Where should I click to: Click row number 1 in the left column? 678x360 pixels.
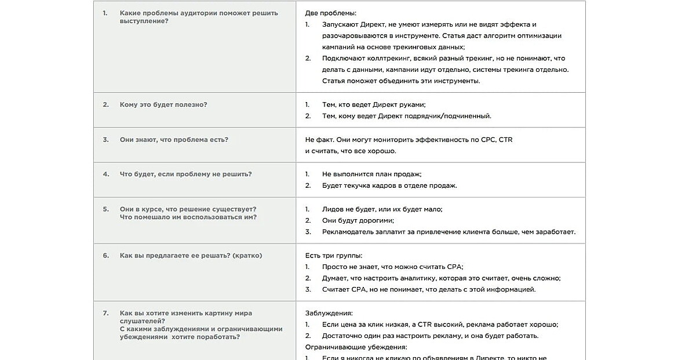(105, 13)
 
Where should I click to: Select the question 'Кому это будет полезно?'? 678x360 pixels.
(163, 105)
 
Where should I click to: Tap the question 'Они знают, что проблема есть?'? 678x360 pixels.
(174, 140)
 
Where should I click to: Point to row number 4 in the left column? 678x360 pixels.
(105, 174)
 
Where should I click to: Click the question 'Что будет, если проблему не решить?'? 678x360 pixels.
(185, 174)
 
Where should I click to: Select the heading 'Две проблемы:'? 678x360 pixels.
(331, 13)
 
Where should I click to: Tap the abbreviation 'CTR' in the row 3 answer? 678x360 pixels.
(505, 140)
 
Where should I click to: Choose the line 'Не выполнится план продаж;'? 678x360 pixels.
(371, 174)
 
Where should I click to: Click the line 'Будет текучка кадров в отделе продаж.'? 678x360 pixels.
(389, 186)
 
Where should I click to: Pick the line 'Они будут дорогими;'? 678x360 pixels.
(358, 220)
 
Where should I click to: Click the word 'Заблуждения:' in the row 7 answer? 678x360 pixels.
(329, 313)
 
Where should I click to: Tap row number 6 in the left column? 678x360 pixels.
(105, 255)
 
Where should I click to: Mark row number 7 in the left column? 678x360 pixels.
(105, 313)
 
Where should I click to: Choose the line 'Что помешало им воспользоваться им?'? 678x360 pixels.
(188, 217)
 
